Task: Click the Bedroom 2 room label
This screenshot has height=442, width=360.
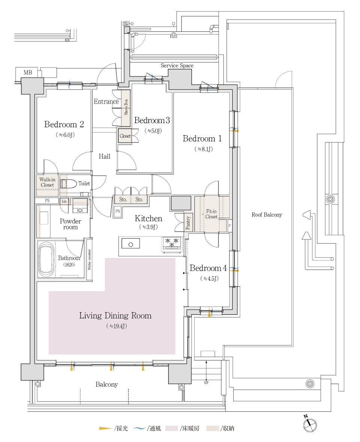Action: (64, 124)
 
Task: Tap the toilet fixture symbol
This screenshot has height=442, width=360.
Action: (69, 184)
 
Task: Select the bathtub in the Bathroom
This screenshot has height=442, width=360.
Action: (46, 259)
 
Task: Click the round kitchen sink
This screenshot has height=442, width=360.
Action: (130, 244)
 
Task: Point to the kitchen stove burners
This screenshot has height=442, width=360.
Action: (172, 243)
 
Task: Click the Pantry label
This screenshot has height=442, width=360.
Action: (188, 223)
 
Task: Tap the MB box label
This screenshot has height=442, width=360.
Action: (28, 73)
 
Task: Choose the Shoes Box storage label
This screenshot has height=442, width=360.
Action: (126, 107)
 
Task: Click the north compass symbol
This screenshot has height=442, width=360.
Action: (310, 424)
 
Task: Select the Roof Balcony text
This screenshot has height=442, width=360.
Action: (267, 215)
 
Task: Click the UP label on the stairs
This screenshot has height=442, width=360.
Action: (206, 382)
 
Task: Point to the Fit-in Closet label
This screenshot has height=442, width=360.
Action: (211, 214)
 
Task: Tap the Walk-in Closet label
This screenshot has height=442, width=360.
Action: (47, 182)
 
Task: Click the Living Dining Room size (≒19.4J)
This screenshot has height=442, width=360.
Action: (117, 326)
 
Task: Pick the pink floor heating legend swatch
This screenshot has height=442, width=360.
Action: (172, 429)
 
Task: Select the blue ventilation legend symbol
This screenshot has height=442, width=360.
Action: (139, 428)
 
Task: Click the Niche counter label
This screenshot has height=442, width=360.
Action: (89, 260)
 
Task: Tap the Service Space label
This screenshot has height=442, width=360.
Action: (177, 65)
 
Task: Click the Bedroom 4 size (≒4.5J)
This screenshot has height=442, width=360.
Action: (209, 278)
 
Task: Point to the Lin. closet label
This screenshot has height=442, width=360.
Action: (64, 201)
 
